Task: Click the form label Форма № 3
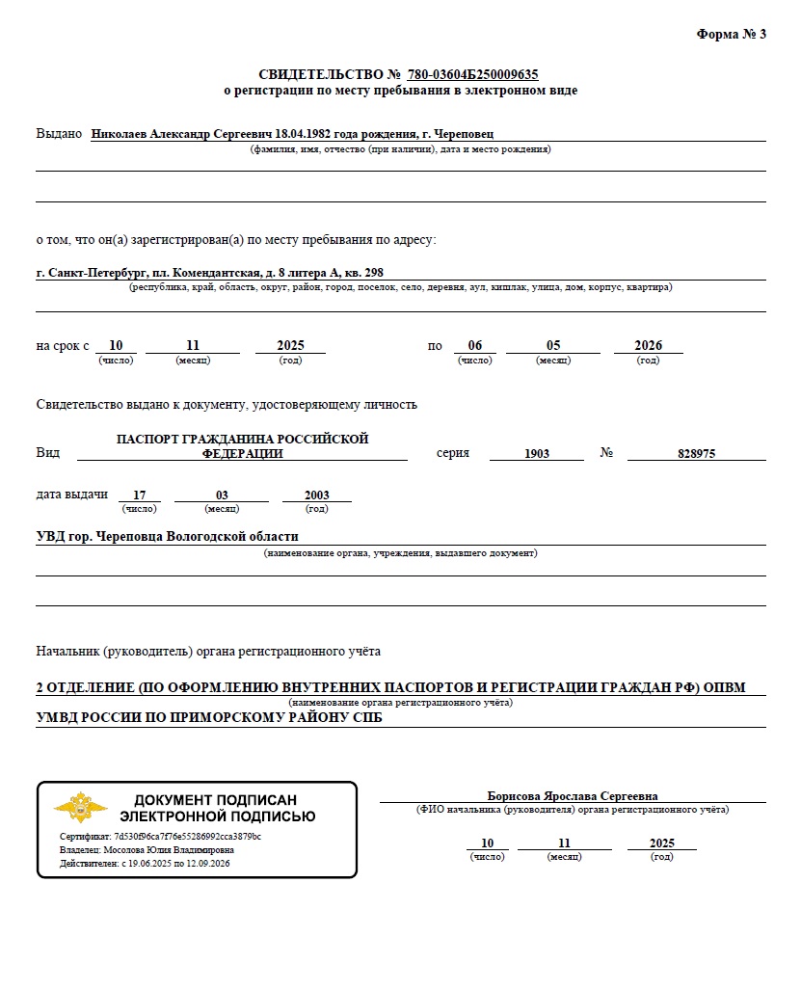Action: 731,35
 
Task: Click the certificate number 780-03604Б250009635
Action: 472,74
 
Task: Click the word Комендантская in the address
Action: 212,273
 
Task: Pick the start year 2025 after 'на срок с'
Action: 290,345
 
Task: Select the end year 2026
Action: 648,345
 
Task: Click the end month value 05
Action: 553,345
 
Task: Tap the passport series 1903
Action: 537,453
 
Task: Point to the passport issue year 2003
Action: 316,495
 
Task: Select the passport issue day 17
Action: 140,495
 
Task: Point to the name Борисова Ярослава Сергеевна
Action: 573,796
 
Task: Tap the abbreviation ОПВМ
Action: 724,687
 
